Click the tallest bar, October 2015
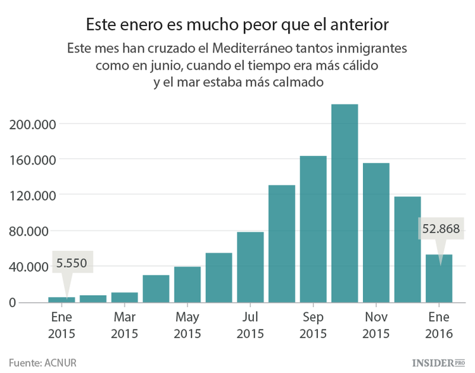point(345,203)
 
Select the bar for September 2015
point(313,229)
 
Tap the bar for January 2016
point(439,279)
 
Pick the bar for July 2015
point(250,267)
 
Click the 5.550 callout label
point(71,262)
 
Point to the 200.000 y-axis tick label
point(34,123)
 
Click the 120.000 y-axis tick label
point(34,195)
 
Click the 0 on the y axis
point(11,303)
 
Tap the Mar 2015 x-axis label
point(124,324)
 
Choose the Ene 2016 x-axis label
point(439,324)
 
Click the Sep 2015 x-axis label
point(313,324)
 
